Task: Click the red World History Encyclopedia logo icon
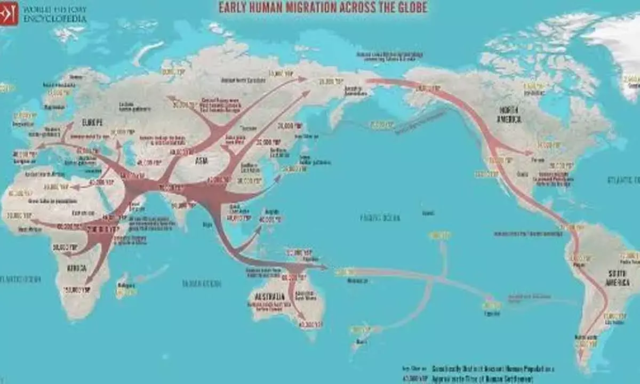[x=9, y=13]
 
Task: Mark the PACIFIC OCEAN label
[x=380, y=218]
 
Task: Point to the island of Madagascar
[x=127, y=288]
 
